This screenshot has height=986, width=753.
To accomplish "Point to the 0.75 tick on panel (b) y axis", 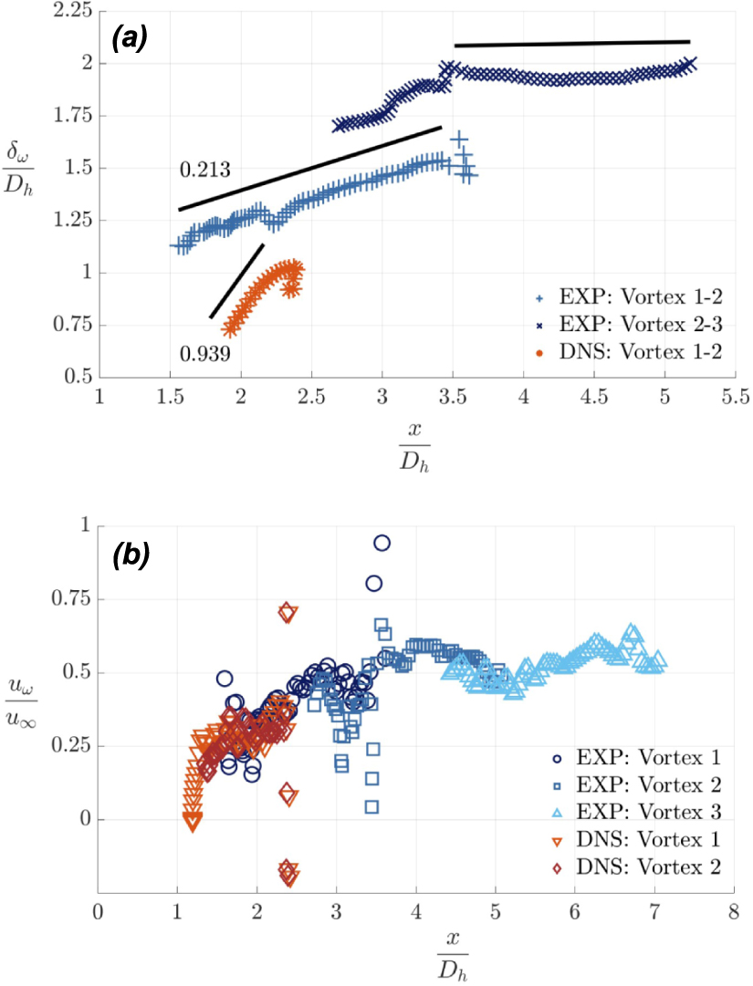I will click(x=73, y=599).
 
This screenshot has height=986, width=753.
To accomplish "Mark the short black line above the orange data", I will click(x=236, y=281).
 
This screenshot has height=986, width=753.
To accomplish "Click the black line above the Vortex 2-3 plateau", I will click(x=571, y=43).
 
